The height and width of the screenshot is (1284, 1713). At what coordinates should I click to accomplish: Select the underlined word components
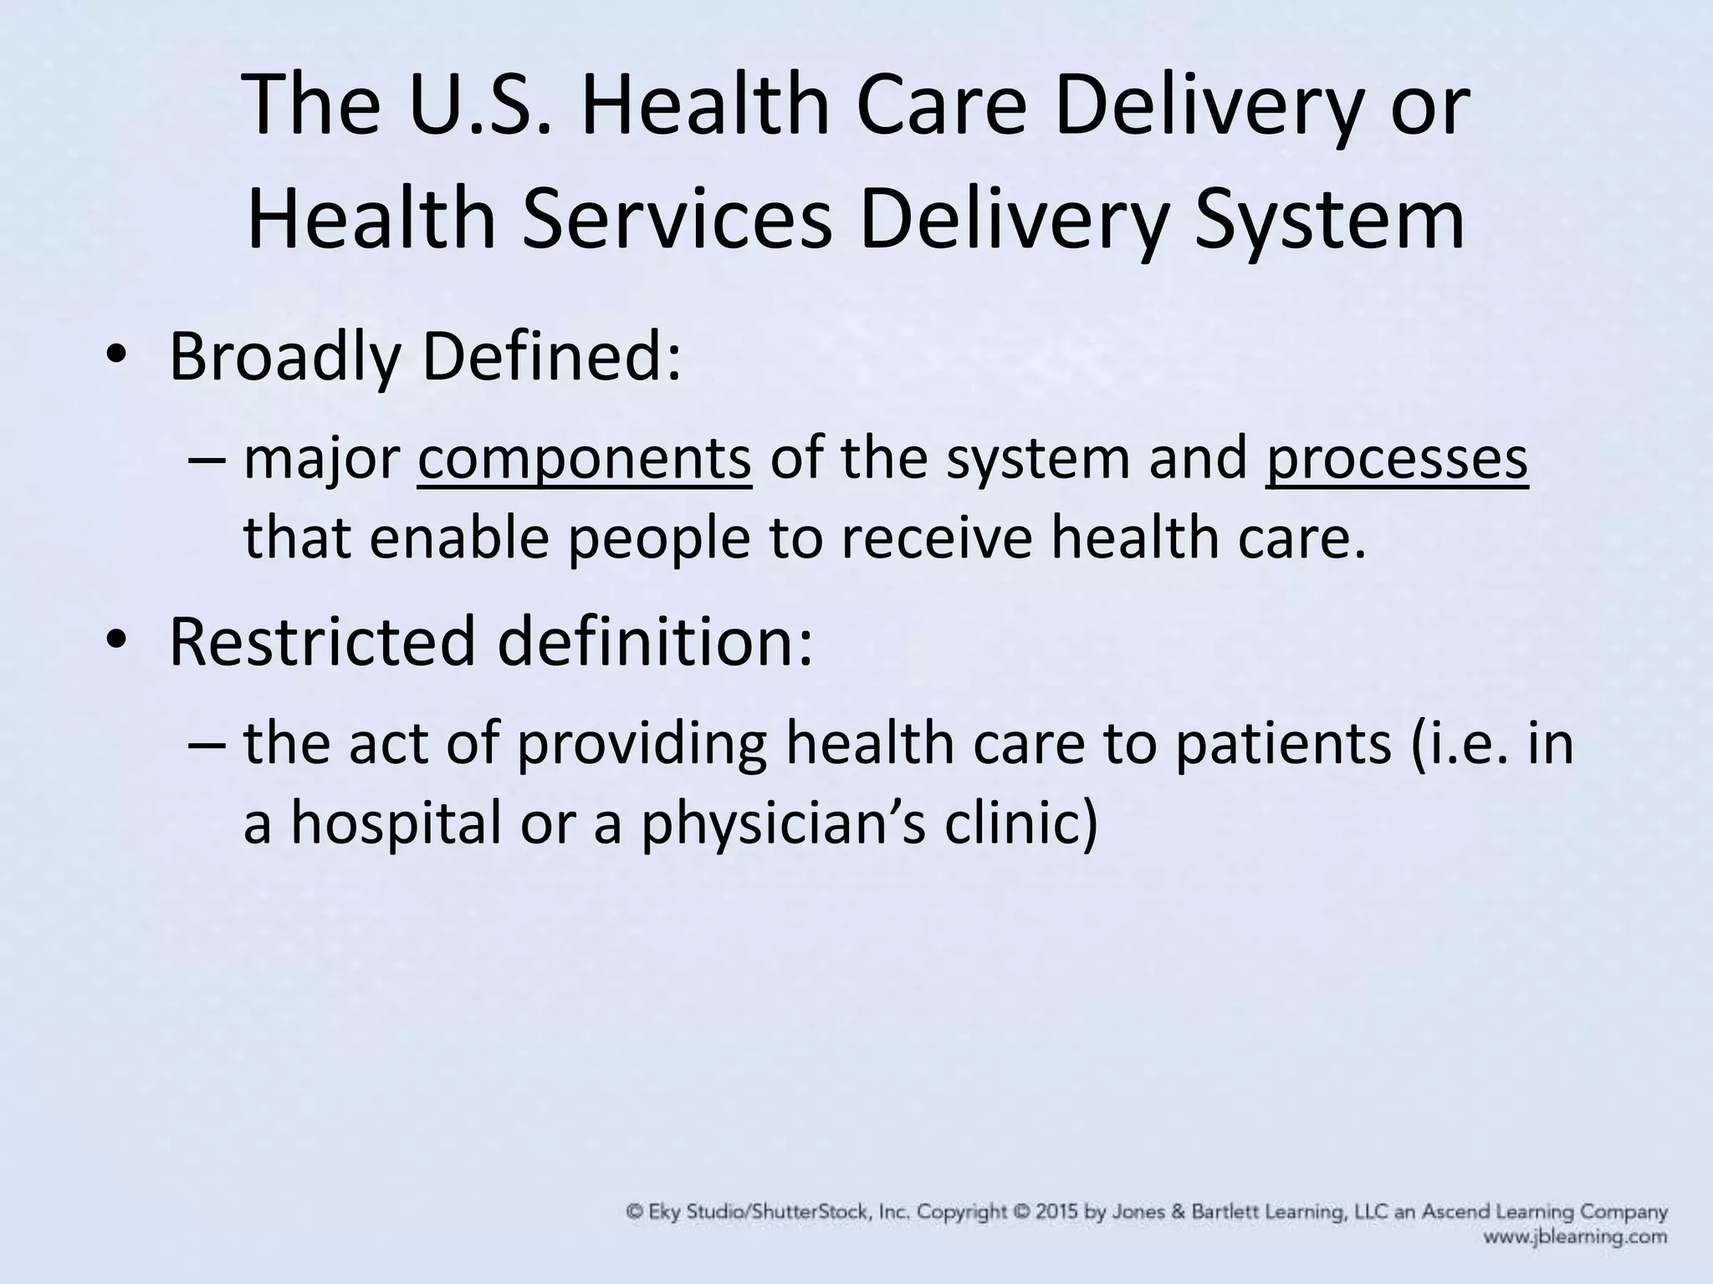[x=584, y=459]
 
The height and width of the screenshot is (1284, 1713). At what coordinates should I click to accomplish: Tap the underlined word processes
[x=1397, y=459]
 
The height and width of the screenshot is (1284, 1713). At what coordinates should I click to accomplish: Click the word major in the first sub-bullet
[x=322, y=459]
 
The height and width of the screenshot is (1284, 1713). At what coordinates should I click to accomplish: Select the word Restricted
[x=322, y=640]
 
